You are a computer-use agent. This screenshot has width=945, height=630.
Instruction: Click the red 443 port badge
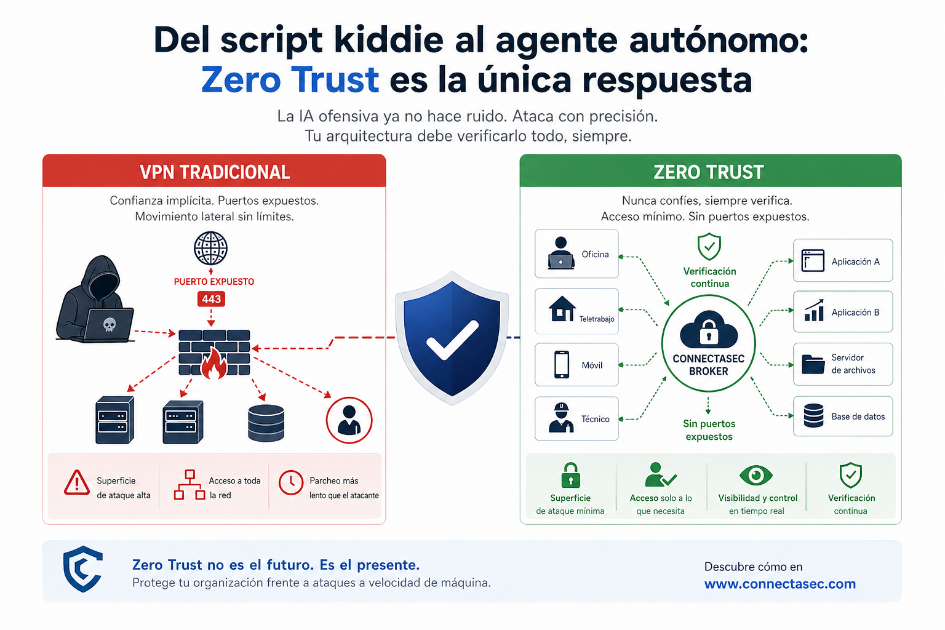click(211, 299)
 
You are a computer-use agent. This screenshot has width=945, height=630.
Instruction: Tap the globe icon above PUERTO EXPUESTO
click(210, 249)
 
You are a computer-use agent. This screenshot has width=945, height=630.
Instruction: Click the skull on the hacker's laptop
click(110, 324)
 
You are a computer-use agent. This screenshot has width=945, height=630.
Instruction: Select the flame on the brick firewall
click(214, 363)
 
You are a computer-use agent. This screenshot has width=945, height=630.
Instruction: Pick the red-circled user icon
click(349, 420)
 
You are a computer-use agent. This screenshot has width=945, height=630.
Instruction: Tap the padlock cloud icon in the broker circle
click(709, 329)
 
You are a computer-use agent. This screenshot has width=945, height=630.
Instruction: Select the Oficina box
click(576, 253)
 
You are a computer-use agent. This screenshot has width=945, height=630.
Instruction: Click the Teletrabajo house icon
click(562, 309)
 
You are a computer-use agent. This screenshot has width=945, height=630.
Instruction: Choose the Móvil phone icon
click(562, 364)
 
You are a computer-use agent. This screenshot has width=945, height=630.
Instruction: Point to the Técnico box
click(576, 418)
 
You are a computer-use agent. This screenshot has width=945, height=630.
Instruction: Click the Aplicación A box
click(842, 261)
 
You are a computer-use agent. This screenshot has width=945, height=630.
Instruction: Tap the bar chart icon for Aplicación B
click(814, 311)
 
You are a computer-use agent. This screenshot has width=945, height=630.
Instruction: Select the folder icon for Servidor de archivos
click(813, 364)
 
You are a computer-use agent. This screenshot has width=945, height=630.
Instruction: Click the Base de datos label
click(858, 417)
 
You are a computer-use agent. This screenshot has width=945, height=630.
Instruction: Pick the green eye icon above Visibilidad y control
click(756, 475)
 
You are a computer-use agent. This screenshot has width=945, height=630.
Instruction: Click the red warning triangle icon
click(77, 482)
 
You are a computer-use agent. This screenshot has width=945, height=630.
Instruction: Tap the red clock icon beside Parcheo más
click(291, 483)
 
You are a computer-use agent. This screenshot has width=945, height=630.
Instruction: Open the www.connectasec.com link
click(780, 584)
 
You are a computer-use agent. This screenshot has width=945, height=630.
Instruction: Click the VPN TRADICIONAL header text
click(215, 172)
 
